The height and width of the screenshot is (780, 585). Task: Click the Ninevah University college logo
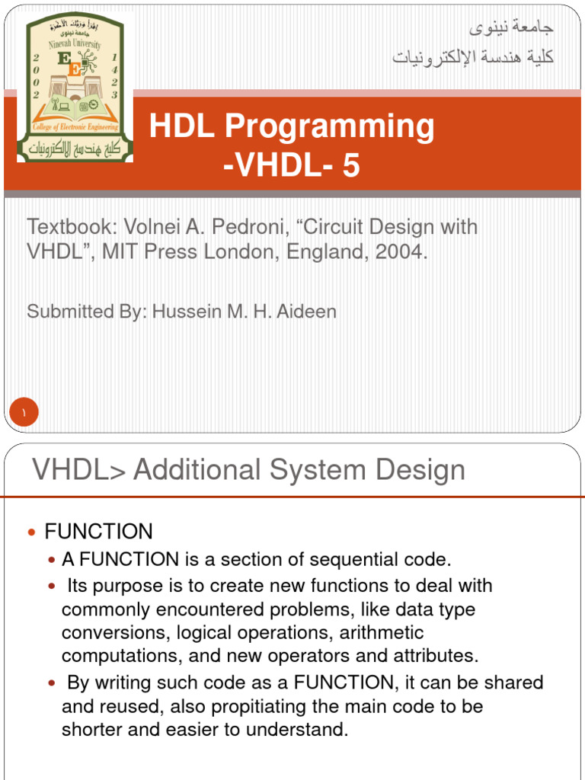click(75, 88)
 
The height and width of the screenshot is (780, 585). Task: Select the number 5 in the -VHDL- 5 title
click(351, 165)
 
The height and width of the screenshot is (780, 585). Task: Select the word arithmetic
click(382, 633)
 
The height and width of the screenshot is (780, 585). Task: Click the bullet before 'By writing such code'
click(52, 683)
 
